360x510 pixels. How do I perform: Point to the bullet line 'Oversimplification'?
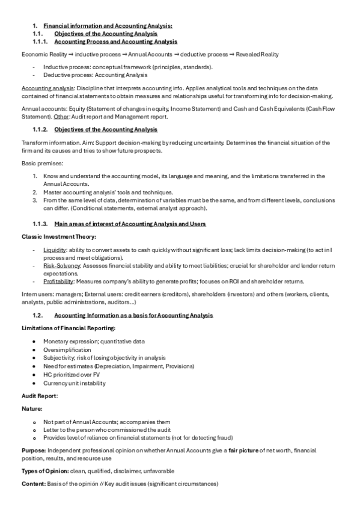(67, 349)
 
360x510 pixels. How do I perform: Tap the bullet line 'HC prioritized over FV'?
(72, 374)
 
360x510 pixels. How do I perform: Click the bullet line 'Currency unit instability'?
(74, 382)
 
